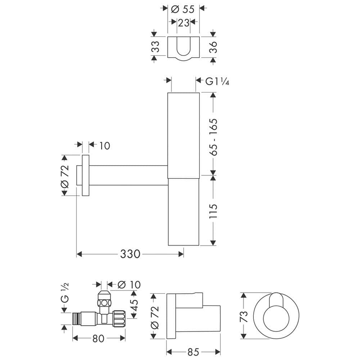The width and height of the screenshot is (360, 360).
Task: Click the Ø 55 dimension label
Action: click(x=183, y=9)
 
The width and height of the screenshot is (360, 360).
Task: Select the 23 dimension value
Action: click(x=184, y=23)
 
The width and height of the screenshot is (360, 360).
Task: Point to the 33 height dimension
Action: click(x=156, y=46)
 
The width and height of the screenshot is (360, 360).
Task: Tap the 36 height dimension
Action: click(x=213, y=47)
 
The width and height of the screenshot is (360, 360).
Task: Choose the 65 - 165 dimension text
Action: click(x=213, y=137)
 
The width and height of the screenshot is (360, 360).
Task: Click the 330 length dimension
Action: click(x=130, y=254)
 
